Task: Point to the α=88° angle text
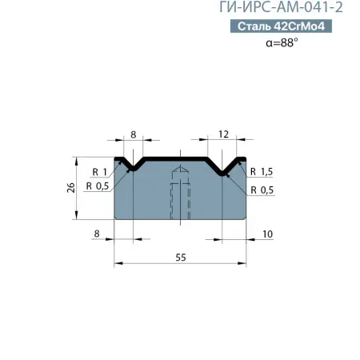click(x=282, y=43)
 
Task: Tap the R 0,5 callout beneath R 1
click(x=100, y=186)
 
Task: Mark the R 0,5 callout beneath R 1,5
click(x=262, y=190)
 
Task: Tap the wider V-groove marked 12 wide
click(x=226, y=166)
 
